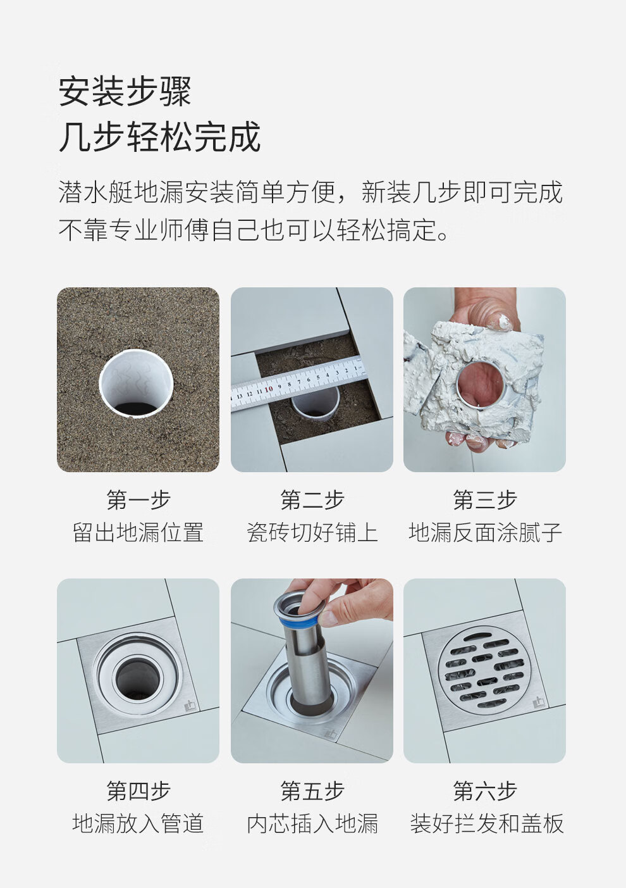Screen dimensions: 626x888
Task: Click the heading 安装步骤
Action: (x=125, y=92)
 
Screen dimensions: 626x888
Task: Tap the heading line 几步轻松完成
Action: (x=159, y=137)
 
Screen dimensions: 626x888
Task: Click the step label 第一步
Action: (x=138, y=500)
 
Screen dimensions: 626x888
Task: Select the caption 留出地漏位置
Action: (x=138, y=532)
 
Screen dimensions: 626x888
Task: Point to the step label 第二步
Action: (x=312, y=500)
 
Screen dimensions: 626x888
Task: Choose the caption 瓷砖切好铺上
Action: (x=312, y=532)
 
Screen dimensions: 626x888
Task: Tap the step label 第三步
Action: (x=485, y=500)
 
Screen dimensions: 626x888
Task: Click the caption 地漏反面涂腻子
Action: (x=485, y=532)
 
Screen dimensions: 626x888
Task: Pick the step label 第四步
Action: (x=138, y=791)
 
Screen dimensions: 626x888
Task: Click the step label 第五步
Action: (x=312, y=791)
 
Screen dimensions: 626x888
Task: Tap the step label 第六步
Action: (x=485, y=791)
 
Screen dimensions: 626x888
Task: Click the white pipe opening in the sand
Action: (x=136, y=384)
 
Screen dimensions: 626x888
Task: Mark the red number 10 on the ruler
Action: (x=269, y=389)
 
